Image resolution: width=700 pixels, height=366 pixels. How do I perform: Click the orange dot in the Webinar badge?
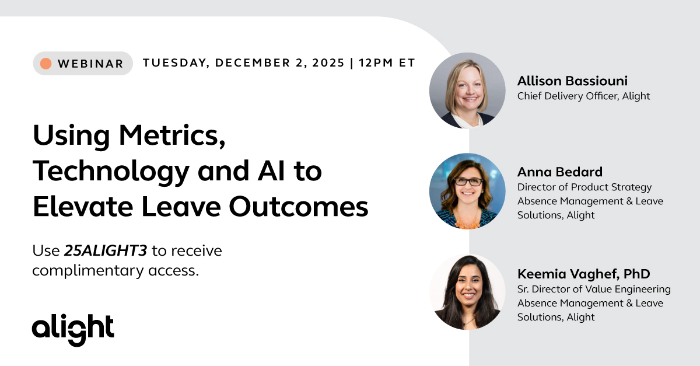tap(46, 64)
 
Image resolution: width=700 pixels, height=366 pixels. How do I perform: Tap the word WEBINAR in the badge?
tap(90, 64)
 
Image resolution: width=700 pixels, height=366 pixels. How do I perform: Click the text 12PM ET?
tap(387, 63)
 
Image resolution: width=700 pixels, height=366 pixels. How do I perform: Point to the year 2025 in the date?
tap(324, 63)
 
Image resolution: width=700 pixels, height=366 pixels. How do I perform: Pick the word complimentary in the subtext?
tap(92, 271)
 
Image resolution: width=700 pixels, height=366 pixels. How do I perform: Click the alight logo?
tap(73, 329)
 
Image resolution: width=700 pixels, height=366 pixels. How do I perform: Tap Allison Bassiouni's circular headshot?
tap(467, 90)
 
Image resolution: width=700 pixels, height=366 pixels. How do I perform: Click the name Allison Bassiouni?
tap(572, 81)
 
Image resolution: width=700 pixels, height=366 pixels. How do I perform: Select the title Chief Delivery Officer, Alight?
tap(583, 96)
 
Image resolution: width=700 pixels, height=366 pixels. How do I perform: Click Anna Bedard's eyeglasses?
tap(468, 182)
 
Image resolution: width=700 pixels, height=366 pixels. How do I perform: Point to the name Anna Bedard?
tap(559, 172)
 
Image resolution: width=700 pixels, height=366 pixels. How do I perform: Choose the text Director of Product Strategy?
tap(584, 187)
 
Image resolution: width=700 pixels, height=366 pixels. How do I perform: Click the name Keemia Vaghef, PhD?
tap(583, 274)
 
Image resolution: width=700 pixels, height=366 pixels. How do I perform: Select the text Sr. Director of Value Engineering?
tap(594, 289)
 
